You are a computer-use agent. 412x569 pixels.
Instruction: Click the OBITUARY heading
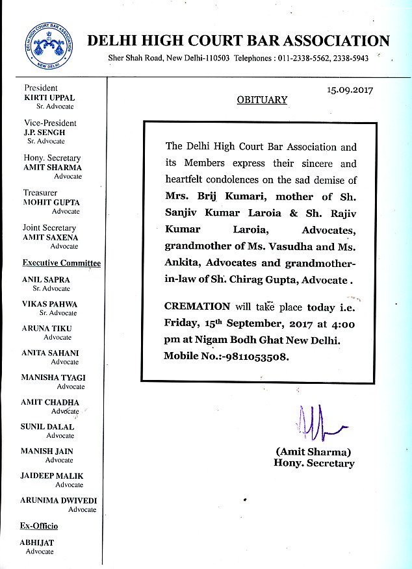pyautogui.click(x=261, y=101)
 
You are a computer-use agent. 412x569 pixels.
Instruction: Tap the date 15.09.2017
pyautogui.click(x=350, y=90)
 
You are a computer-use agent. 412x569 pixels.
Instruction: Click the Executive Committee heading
pyautogui.click(x=62, y=263)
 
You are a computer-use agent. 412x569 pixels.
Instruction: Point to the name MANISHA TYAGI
pyautogui.click(x=53, y=377)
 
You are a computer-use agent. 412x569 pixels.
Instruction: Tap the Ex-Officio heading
pyautogui.click(x=40, y=525)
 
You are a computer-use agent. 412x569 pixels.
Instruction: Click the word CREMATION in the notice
pyautogui.click(x=197, y=306)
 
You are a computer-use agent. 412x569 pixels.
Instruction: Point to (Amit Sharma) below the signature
pyautogui.click(x=314, y=451)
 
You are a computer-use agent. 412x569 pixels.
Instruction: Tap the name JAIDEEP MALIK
pyautogui.click(x=52, y=476)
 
